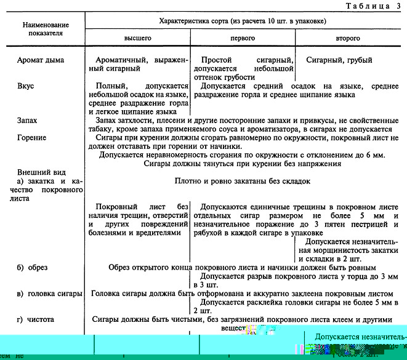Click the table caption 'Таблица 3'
[368, 6]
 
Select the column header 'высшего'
[138, 38]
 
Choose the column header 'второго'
[348, 38]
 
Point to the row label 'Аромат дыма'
[42, 60]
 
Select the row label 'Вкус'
[26, 87]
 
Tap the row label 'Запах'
[28, 121]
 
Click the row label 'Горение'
[32, 138]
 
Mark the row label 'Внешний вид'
[41, 172]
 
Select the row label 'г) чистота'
[38, 319]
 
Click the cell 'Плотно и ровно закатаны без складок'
[241, 182]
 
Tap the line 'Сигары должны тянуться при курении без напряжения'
[242, 164]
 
